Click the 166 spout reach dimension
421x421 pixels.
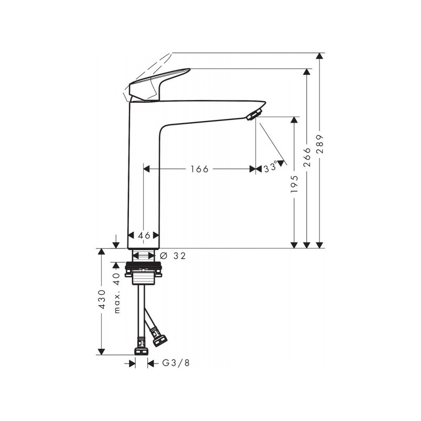199,169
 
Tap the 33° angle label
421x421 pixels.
270,168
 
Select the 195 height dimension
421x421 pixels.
295,185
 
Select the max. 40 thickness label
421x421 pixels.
117,294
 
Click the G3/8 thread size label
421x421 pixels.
172,363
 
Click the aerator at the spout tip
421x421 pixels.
254,114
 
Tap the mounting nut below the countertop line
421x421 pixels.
143,272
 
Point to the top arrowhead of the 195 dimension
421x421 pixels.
295,120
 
